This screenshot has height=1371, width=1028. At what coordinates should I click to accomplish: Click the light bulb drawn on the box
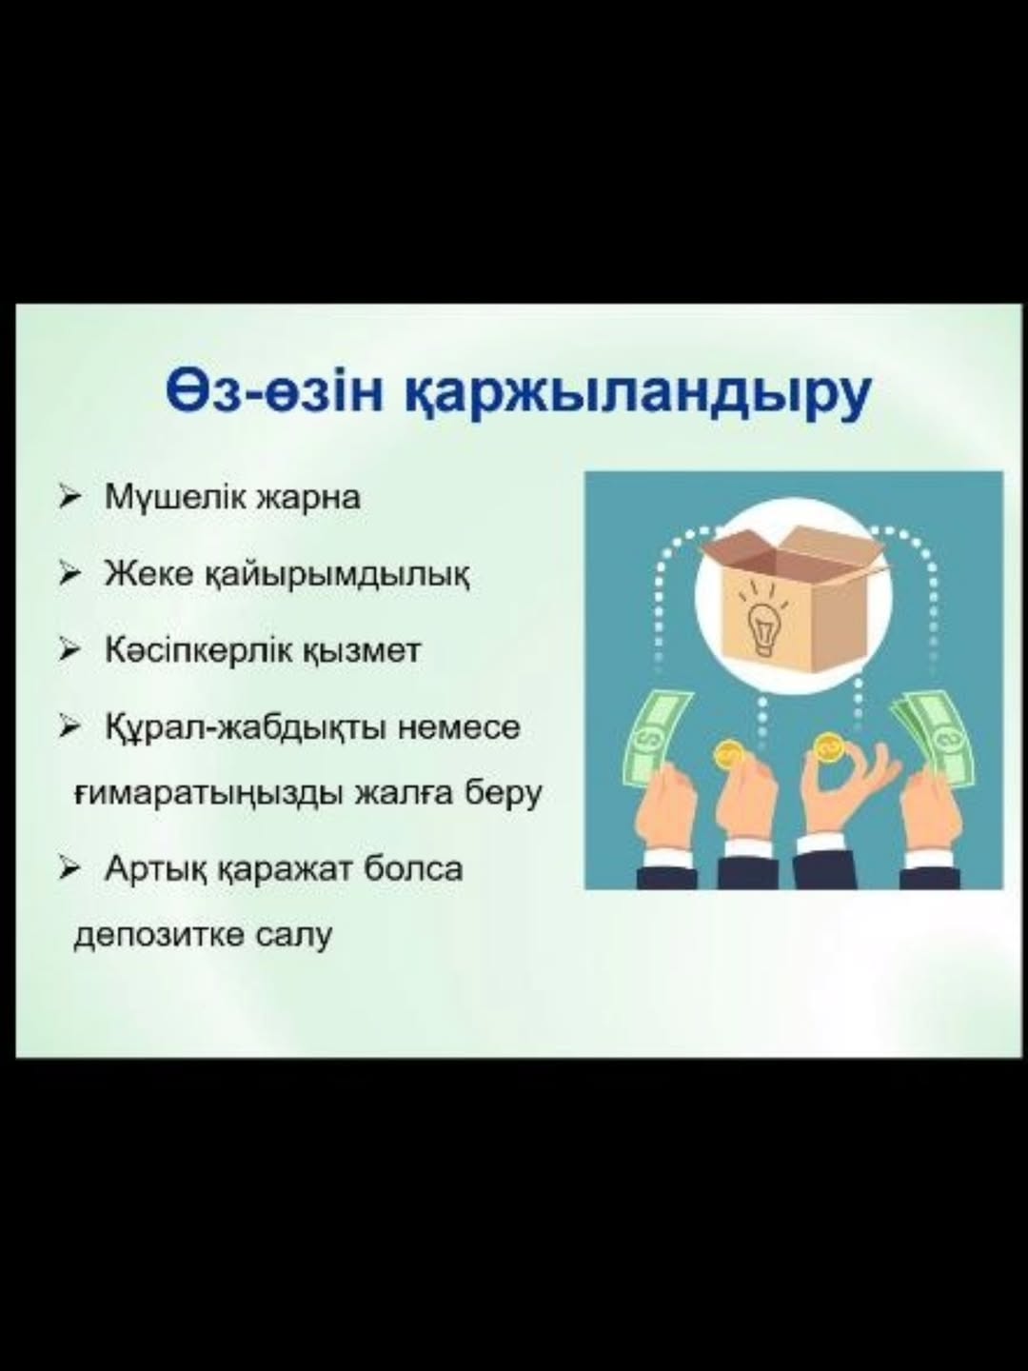(763, 626)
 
